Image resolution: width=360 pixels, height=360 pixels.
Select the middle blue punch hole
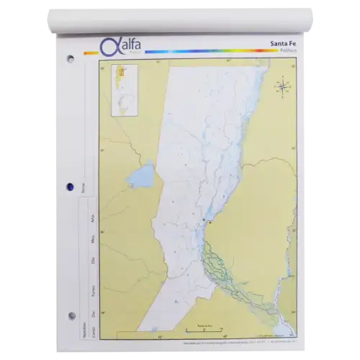[69, 187]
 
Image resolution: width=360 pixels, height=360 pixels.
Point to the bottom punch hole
[70, 315]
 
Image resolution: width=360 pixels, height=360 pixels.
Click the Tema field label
[84, 189]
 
